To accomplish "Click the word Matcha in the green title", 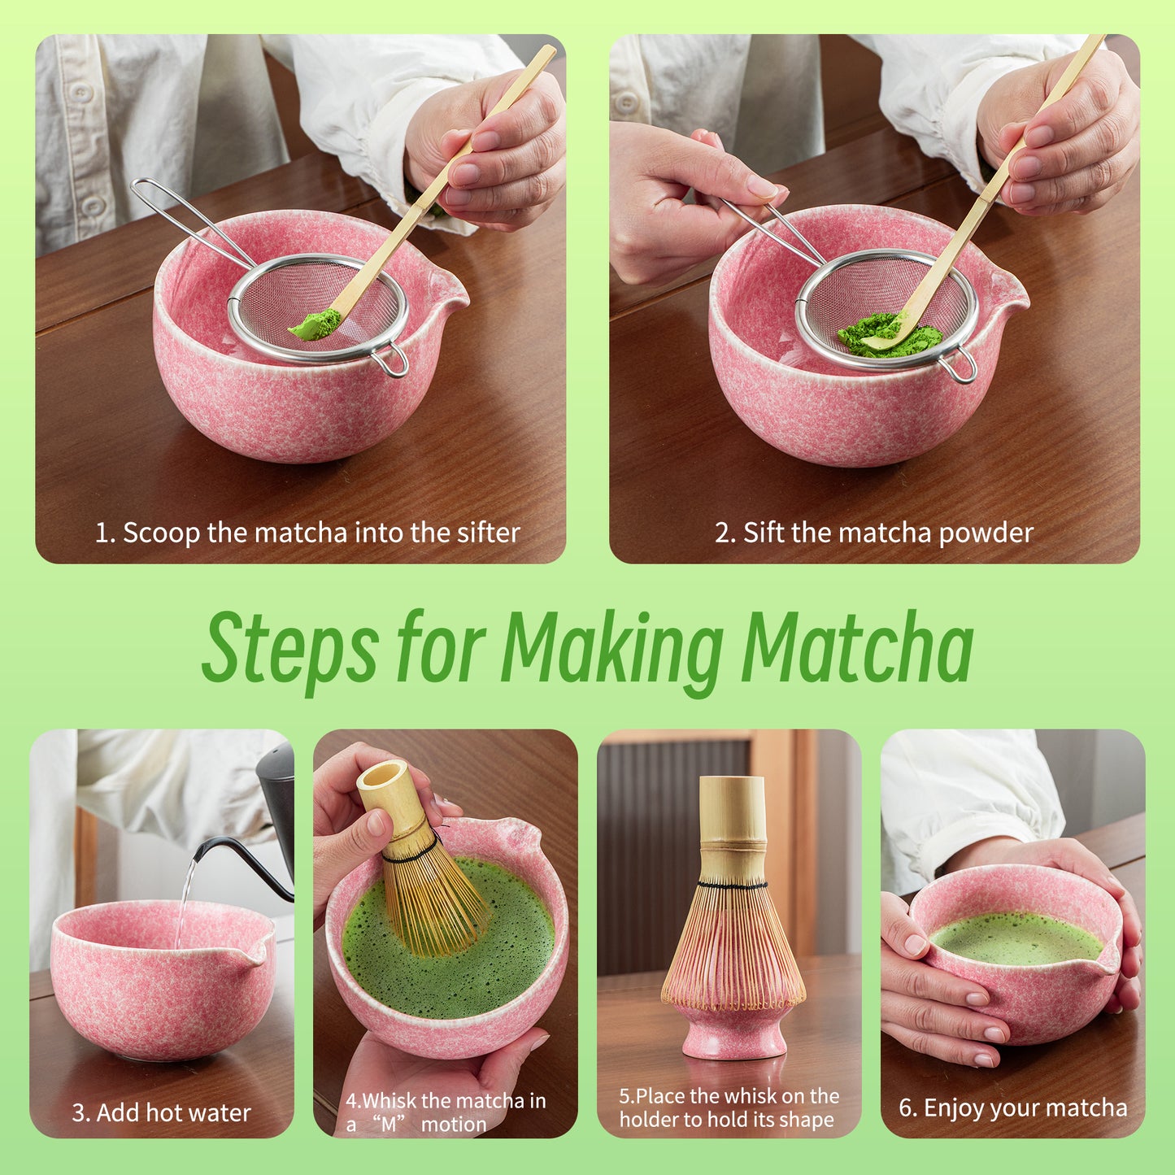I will point(857,648).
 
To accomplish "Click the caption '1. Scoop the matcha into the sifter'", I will point(307,533).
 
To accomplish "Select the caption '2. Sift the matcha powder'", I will point(874,533).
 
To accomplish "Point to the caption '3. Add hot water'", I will point(161,1112).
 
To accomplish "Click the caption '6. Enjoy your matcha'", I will point(1012,1108).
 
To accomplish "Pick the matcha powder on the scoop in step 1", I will point(316,324).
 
